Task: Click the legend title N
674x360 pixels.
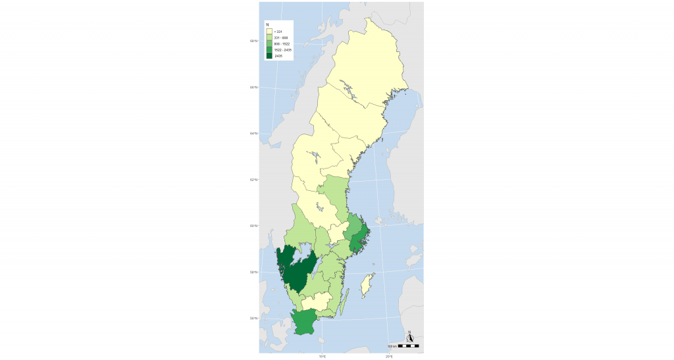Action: (x=267, y=25)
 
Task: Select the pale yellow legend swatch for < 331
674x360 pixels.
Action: (x=269, y=32)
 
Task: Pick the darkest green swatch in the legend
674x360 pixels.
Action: (x=269, y=56)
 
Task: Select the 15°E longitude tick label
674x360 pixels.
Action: (x=323, y=357)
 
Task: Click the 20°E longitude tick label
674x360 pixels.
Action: (x=389, y=357)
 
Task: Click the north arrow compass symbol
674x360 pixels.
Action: (x=410, y=337)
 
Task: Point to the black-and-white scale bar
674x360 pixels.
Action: (x=408, y=346)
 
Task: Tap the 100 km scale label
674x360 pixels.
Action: (x=391, y=346)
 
